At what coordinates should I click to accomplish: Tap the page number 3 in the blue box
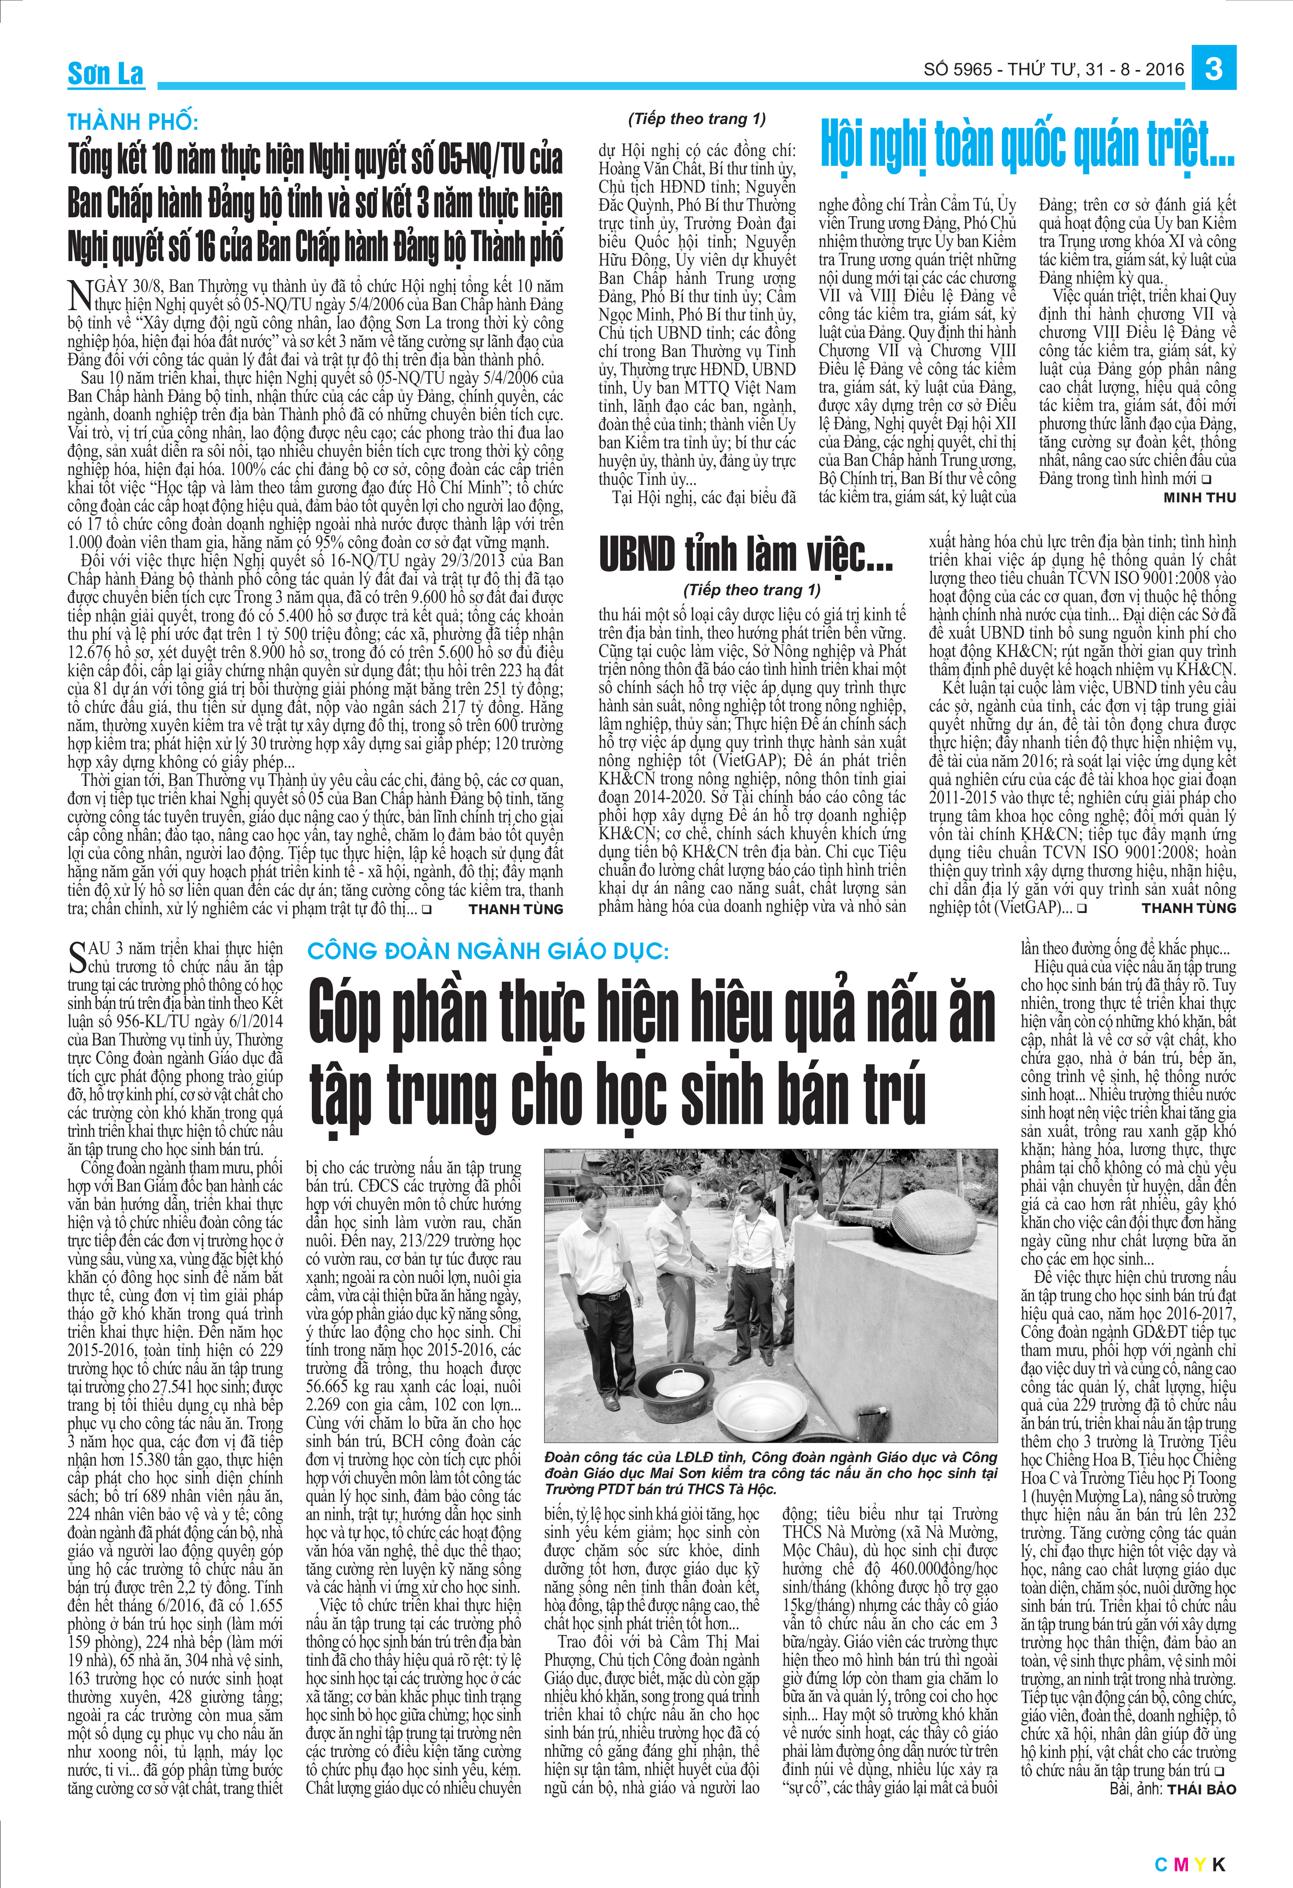(1214, 68)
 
